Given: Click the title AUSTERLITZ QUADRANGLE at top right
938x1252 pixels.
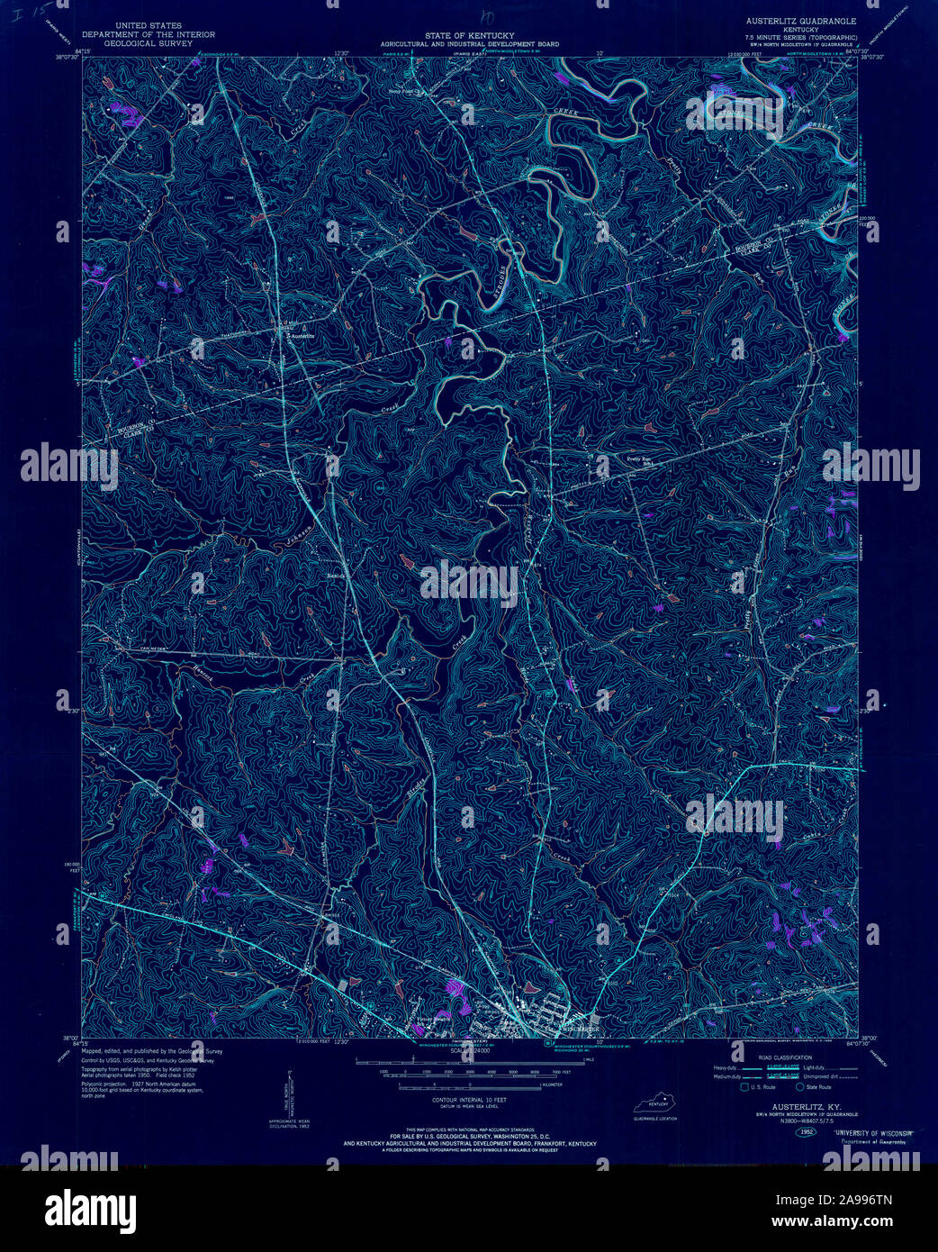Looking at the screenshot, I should pos(799,19).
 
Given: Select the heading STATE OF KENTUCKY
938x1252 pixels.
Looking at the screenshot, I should pos(469,35).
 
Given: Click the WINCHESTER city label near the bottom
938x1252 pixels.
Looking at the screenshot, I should pos(579,1029).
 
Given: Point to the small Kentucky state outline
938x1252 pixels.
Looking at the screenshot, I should pos(654,1104).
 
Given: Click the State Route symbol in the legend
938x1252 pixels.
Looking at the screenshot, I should pos(800,1087).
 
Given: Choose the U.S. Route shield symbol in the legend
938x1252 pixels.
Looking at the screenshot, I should pos(744,1087).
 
